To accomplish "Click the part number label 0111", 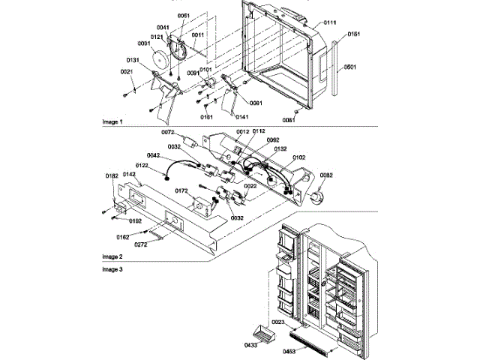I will point(331,25).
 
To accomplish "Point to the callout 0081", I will point(289,119).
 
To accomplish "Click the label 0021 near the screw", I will point(126,71).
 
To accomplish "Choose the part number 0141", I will point(242,116).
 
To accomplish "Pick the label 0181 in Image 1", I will point(206,117).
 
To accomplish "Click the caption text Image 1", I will point(113,121).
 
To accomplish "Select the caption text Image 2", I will point(113,256).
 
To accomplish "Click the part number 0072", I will point(168,132).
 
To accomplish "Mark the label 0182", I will point(112,175).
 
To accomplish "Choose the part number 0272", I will point(141,244).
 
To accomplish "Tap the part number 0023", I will point(277,321).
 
